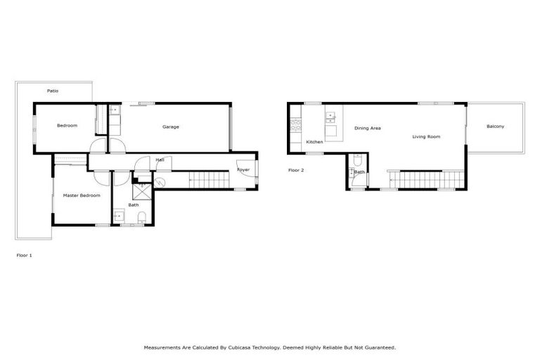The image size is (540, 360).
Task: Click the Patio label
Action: (x=53, y=91)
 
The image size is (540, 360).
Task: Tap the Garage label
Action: (x=171, y=127)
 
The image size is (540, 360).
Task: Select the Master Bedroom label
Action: (x=82, y=195)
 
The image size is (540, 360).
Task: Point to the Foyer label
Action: (x=243, y=169)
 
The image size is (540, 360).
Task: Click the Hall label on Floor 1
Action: (x=160, y=160)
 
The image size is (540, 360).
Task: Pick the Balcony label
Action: (x=495, y=127)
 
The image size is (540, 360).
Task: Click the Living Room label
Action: (x=426, y=136)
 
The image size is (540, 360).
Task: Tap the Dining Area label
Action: (x=367, y=128)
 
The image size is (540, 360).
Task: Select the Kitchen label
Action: (x=314, y=142)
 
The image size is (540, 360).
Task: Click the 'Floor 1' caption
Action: (x=24, y=255)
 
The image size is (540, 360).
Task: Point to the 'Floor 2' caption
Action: (x=296, y=170)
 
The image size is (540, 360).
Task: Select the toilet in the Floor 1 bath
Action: (x=141, y=215)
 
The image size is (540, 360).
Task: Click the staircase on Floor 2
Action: (x=425, y=179)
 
